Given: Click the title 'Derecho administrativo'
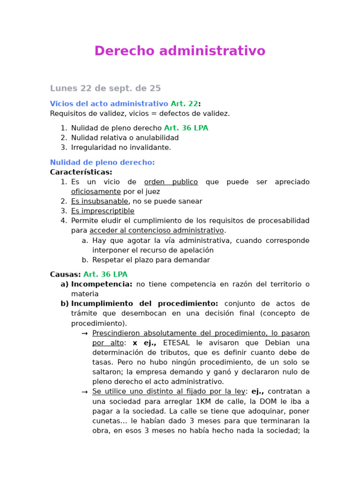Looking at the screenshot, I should click(180, 51).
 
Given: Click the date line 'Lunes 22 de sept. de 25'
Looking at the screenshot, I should click(105, 88).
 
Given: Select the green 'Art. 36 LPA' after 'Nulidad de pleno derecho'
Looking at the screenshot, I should click(186, 128).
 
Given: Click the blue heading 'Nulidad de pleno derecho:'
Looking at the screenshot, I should click(102, 162).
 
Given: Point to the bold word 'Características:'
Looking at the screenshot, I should click(81, 172).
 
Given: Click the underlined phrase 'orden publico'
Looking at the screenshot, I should click(171, 182).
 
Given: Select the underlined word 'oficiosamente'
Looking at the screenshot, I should click(96, 192).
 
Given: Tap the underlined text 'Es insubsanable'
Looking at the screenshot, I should click(99, 201).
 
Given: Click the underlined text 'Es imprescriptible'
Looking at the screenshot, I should click(103, 211).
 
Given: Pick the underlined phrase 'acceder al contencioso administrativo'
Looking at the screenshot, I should click(157, 230).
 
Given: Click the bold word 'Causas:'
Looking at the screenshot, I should click(65, 274).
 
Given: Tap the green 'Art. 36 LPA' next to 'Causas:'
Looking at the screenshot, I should click(105, 274).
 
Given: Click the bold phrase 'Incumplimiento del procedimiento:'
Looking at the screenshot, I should click(144, 303).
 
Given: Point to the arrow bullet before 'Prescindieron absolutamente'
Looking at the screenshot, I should click(84, 333).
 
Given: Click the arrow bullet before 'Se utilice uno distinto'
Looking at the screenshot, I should click(84, 391).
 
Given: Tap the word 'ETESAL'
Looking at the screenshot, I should click(178, 343).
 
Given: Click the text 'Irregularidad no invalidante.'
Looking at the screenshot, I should click(121, 147).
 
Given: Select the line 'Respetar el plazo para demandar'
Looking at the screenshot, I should click(151, 260).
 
